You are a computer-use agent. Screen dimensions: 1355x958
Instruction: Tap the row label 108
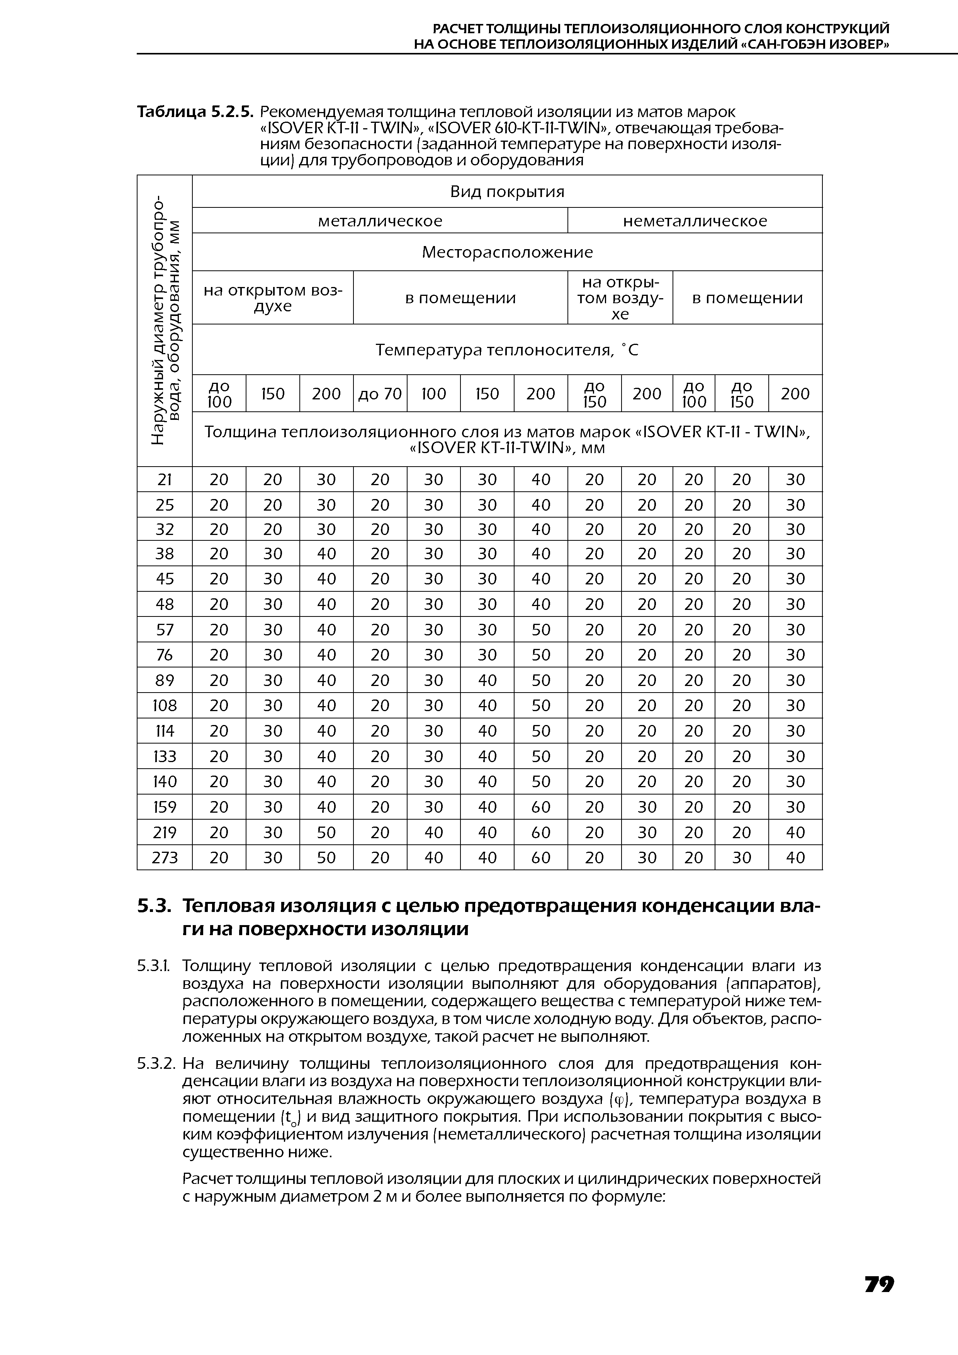pyautogui.click(x=165, y=705)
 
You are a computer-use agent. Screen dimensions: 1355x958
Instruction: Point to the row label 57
pyautogui.click(x=165, y=630)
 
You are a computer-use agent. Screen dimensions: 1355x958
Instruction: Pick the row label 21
pyautogui.click(x=165, y=479)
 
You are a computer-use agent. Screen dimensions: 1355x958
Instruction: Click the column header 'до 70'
pyautogui.click(x=380, y=394)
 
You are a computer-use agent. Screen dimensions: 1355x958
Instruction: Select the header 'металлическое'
pyautogui.click(x=380, y=221)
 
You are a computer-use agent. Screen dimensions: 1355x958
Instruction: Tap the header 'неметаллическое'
pyautogui.click(x=695, y=221)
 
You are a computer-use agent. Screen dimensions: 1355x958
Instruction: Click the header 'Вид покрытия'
pyautogui.click(x=507, y=192)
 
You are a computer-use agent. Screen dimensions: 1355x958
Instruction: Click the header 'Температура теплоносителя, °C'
pyautogui.click(x=507, y=351)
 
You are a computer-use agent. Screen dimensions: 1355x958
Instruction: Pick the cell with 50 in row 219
pyautogui.click(x=326, y=832)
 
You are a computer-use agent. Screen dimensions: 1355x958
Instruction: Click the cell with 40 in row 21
pyautogui.click(x=541, y=479)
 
